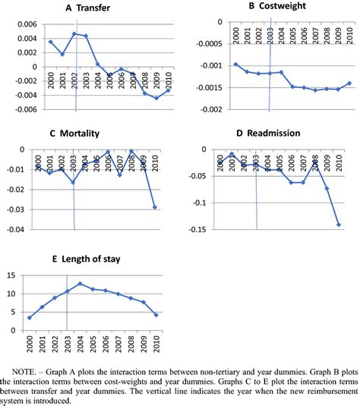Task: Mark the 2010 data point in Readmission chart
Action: [x=338, y=225]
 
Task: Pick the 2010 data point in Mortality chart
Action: [x=155, y=207]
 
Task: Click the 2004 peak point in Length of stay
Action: [x=80, y=283]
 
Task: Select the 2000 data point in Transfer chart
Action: [x=50, y=42]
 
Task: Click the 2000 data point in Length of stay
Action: [x=29, y=318]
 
